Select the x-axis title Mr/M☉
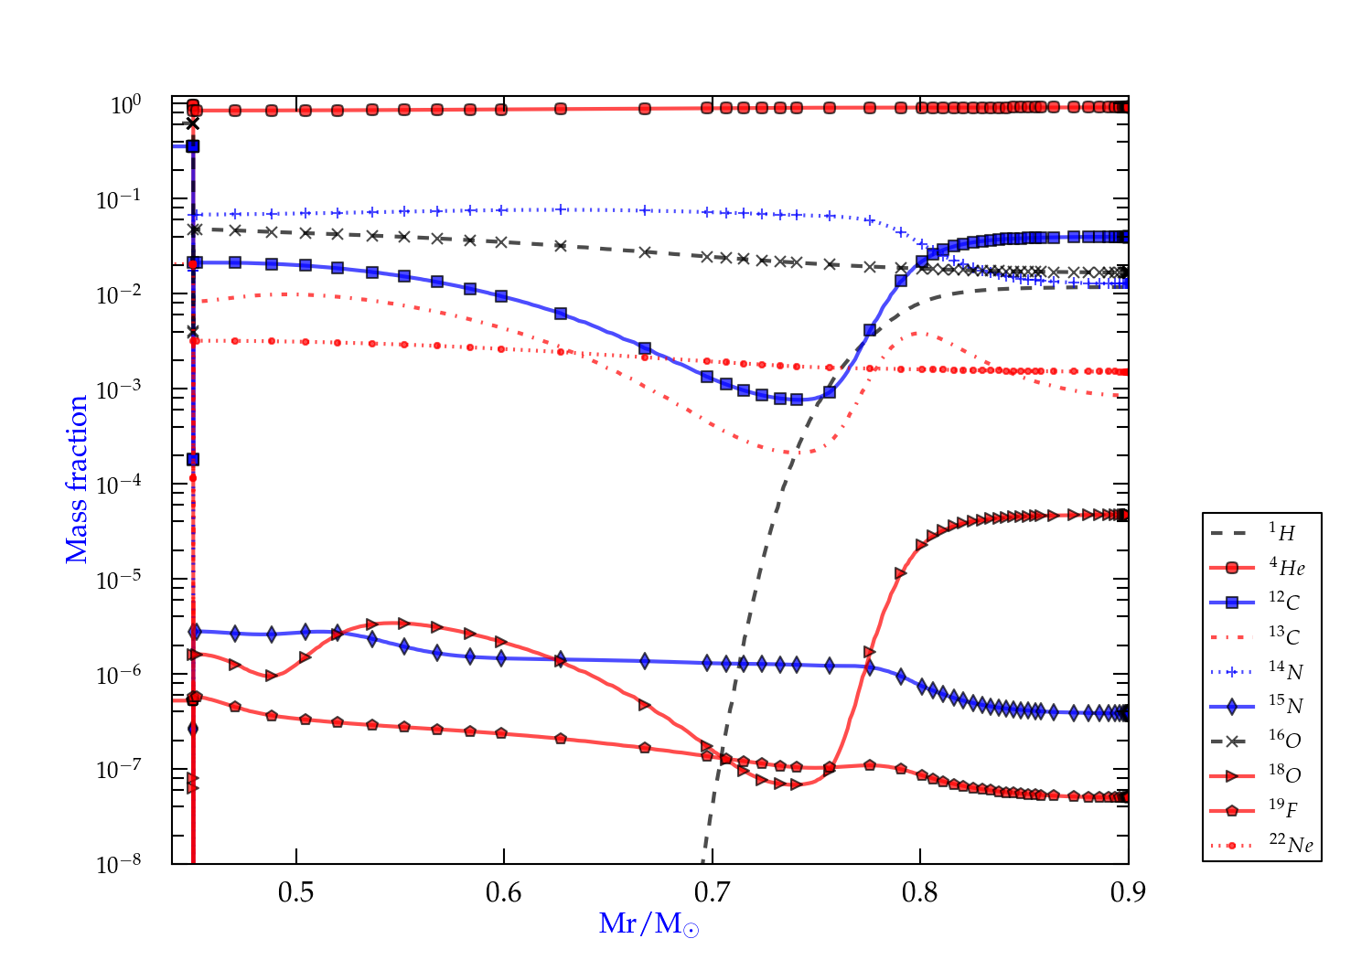pos(649,924)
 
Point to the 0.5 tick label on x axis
pos(295,892)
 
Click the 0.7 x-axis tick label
pos(712,892)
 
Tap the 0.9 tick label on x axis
pos(1128,892)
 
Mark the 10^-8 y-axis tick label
pos(119,863)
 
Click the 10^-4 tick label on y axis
pos(119,484)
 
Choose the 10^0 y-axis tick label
pos(126,105)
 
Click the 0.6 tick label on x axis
pos(504,892)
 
